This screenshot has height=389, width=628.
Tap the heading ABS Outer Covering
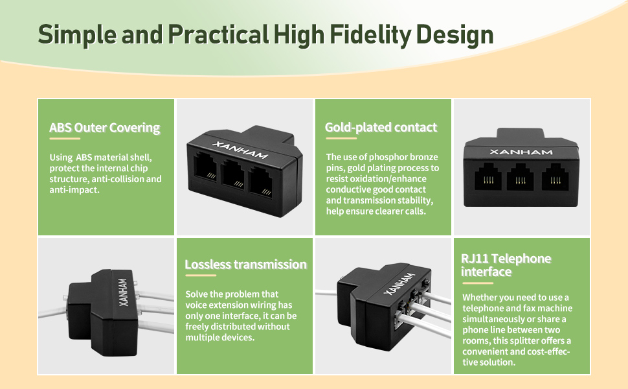104,127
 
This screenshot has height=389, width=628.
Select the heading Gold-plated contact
381,127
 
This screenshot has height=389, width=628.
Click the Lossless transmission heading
245,264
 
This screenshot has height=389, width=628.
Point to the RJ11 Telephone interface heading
506,265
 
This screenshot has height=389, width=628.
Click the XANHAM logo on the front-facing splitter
521,152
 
